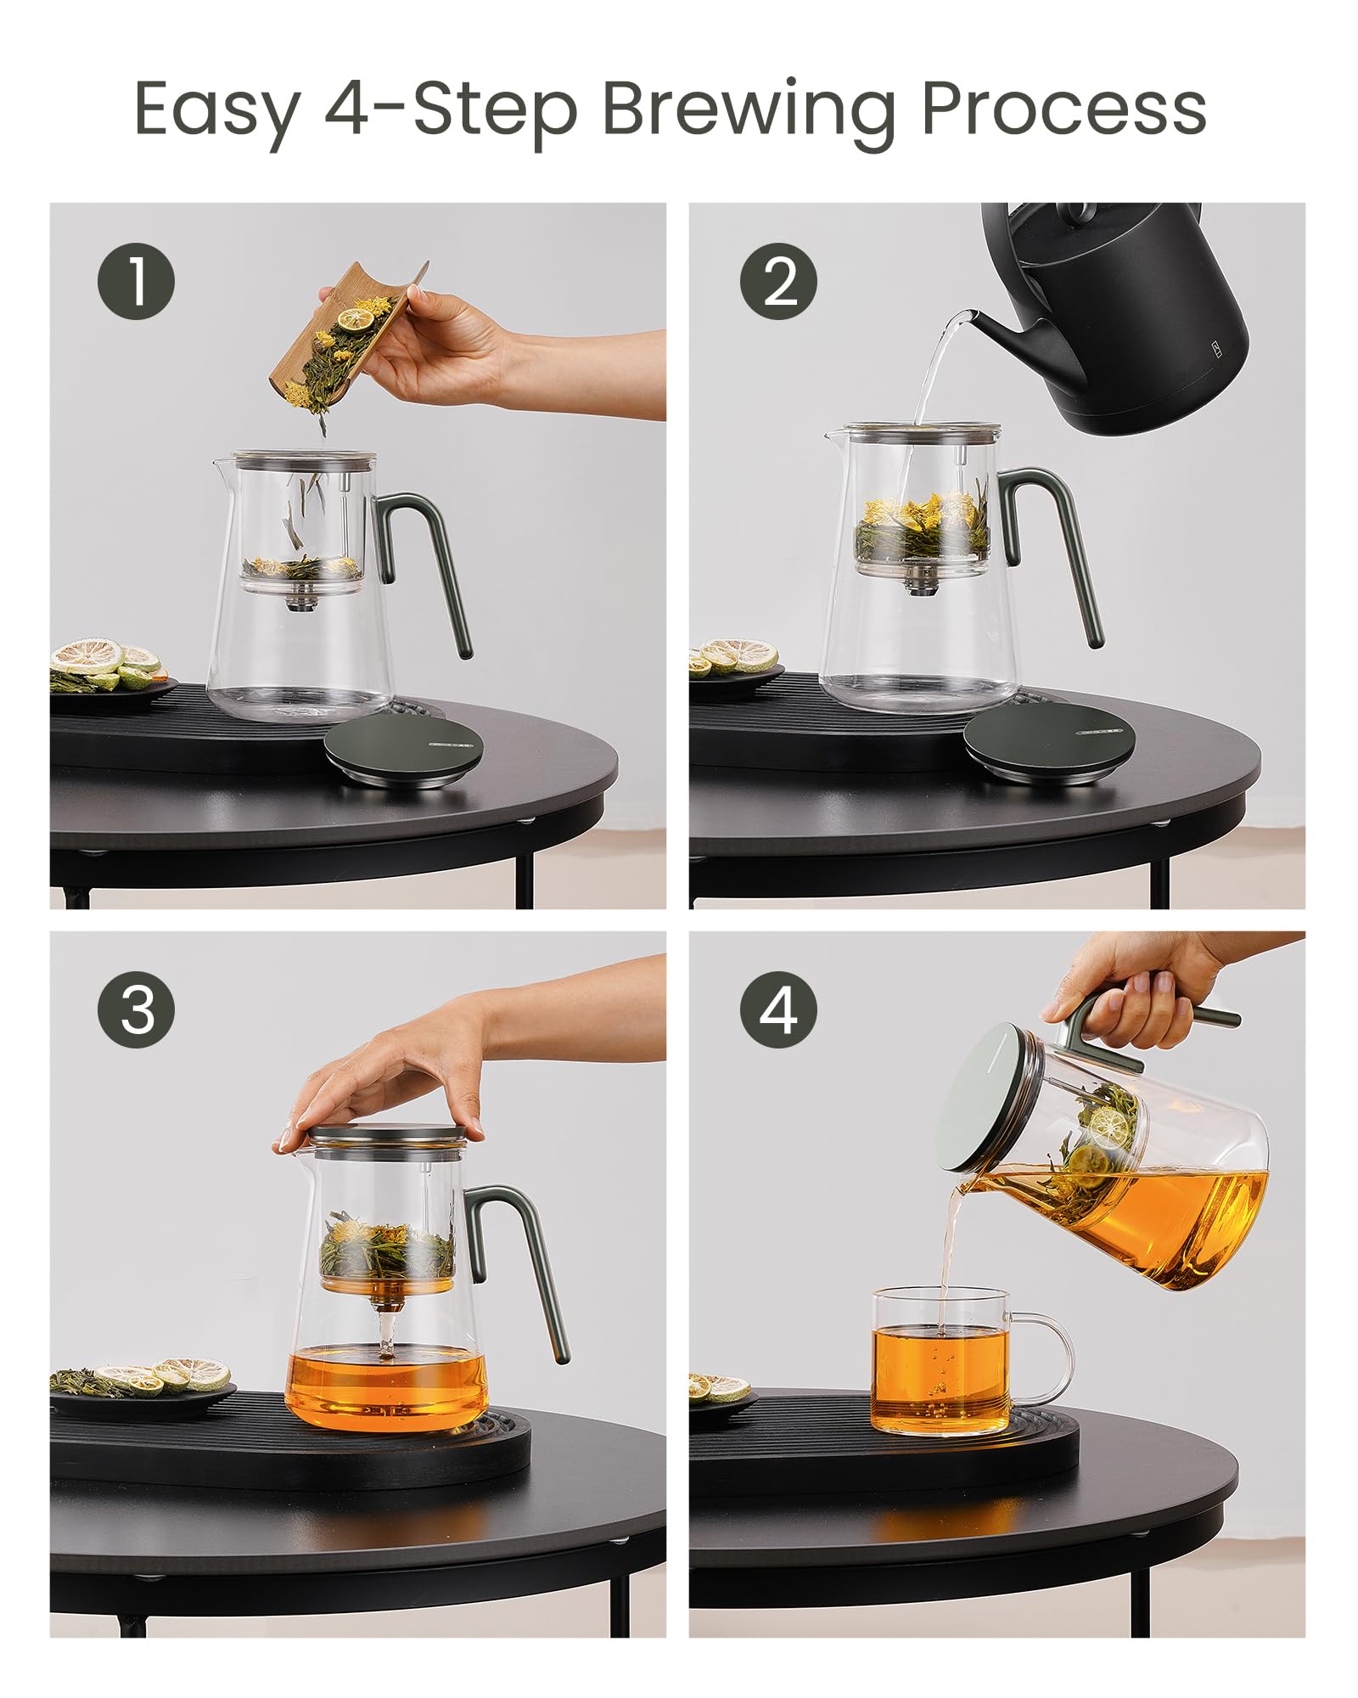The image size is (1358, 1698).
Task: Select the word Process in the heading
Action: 1063,109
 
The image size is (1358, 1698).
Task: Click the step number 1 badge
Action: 136,281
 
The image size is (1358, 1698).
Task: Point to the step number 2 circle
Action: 778,281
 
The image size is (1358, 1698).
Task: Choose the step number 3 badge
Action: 136,1010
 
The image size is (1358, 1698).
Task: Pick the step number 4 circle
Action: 778,1010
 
